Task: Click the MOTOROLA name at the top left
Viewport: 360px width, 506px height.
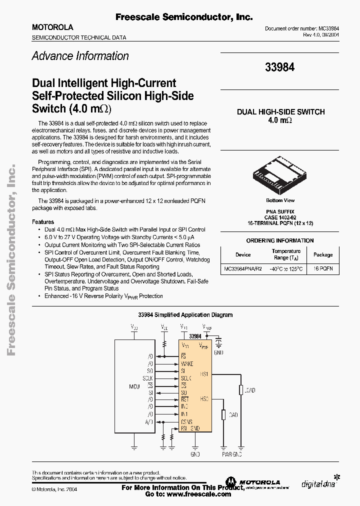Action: click(x=52, y=27)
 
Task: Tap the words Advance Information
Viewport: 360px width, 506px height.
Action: click(x=80, y=56)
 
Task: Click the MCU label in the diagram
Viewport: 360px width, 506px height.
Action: click(x=134, y=386)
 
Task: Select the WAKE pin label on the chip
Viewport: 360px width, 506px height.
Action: click(x=187, y=364)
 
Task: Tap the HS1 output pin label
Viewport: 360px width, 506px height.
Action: click(x=204, y=373)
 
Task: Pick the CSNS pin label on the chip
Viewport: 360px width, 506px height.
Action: click(x=187, y=421)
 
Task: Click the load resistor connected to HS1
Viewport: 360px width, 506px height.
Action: click(x=241, y=390)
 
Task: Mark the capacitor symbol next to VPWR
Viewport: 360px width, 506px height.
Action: click(x=218, y=342)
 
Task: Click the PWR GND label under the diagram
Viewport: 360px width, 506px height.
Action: click(x=231, y=454)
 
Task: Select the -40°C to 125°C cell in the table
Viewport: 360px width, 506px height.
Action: click(x=286, y=268)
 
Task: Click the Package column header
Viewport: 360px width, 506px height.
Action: click(x=323, y=254)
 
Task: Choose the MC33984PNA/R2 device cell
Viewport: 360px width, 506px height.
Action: click(x=243, y=268)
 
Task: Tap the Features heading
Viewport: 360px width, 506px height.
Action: click(x=43, y=222)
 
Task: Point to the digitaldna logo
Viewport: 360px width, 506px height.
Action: click(x=319, y=483)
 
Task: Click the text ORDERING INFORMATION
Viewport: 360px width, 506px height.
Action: click(x=280, y=240)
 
